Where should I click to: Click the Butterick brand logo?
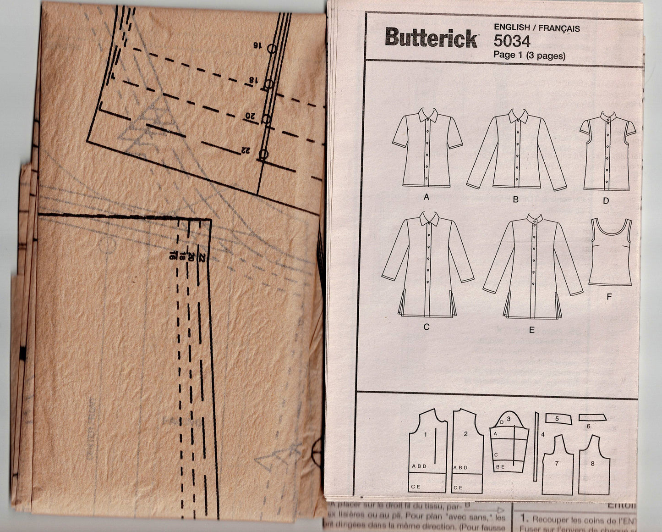(431, 38)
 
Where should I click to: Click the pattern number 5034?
(512, 42)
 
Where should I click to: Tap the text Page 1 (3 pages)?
(529, 56)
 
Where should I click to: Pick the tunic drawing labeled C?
(427, 266)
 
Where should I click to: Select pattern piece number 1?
(427, 452)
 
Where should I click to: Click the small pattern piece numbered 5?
(557, 419)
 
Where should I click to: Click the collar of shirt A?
(427, 113)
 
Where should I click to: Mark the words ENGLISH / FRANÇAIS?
(536, 28)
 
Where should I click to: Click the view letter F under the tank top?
(609, 297)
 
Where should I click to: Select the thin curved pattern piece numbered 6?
(592, 417)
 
